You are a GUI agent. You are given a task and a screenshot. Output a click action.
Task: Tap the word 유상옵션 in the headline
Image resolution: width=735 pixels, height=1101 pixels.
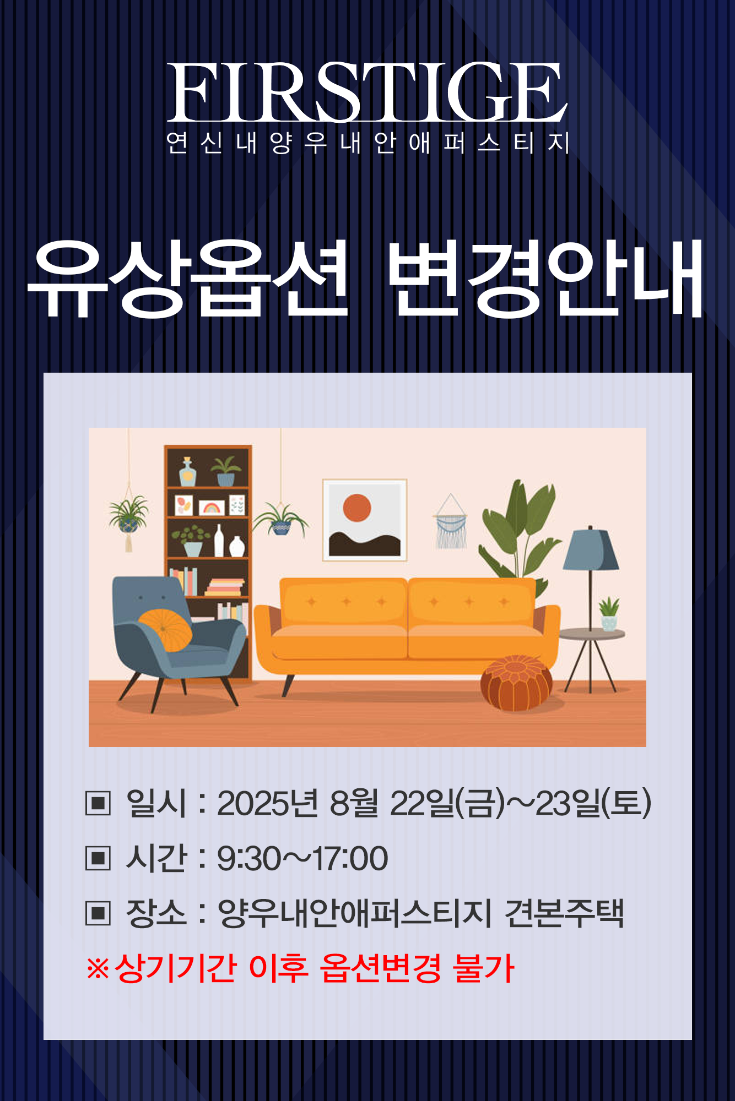tap(188, 279)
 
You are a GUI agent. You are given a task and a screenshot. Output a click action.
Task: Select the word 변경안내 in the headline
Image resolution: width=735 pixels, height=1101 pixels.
tap(545, 279)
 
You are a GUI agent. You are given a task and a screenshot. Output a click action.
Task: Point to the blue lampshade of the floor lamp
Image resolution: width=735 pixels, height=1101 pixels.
tap(591, 549)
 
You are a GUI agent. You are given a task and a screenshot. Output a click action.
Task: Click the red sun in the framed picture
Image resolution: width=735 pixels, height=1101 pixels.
tap(356, 508)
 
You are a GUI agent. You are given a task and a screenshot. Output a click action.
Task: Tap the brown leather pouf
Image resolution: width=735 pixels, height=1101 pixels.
tap(516, 683)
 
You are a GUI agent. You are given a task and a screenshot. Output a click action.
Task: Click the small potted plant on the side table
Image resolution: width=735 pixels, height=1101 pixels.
tap(609, 614)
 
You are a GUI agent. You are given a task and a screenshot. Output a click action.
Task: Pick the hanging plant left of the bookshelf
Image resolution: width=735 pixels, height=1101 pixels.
tap(128, 518)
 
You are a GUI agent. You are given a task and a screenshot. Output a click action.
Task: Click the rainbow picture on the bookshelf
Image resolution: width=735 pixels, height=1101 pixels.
tap(212, 506)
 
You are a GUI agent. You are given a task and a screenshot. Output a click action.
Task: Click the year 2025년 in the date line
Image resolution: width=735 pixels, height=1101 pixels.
tap(267, 803)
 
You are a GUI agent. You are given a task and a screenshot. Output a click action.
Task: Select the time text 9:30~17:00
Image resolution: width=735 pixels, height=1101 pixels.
tap(302, 859)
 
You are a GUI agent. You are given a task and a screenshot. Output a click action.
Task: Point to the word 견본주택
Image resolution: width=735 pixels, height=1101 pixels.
tap(564, 913)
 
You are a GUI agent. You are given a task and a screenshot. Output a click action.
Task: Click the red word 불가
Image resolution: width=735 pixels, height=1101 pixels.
tap(483, 968)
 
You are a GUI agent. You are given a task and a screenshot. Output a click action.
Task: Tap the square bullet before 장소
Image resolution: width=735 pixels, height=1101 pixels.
tap(98, 914)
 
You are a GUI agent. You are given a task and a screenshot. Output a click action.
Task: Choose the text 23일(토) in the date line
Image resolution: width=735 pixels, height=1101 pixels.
tap(593, 803)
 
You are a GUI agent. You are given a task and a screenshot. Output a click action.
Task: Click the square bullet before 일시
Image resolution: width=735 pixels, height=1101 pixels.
tap(98, 803)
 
